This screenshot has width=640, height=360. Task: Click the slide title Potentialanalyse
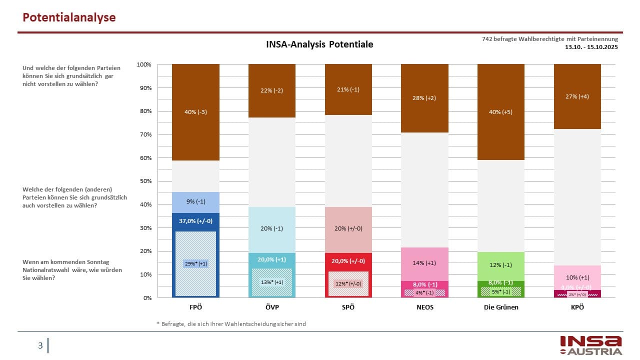click(69, 17)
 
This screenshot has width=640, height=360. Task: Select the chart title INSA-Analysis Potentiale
click(319, 44)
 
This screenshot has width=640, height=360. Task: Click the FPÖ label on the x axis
click(195, 307)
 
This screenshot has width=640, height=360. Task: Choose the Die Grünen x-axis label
click(501, 307)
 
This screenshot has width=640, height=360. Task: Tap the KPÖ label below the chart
click(577, 307)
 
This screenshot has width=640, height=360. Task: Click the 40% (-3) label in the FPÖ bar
click(195, 112)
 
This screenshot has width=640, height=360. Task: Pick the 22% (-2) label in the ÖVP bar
click(272, 90)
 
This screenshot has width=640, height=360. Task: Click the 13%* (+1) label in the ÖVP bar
click(272, 282)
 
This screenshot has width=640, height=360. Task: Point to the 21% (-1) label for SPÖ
click(348, 90)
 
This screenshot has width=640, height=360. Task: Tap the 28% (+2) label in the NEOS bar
click(424, 98)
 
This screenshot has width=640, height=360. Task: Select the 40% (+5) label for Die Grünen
click(501, 112)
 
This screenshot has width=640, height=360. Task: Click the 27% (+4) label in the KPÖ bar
click(577, 96)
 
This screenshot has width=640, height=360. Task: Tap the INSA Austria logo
click(590, 345)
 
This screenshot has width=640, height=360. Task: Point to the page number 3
click(40, 345)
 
